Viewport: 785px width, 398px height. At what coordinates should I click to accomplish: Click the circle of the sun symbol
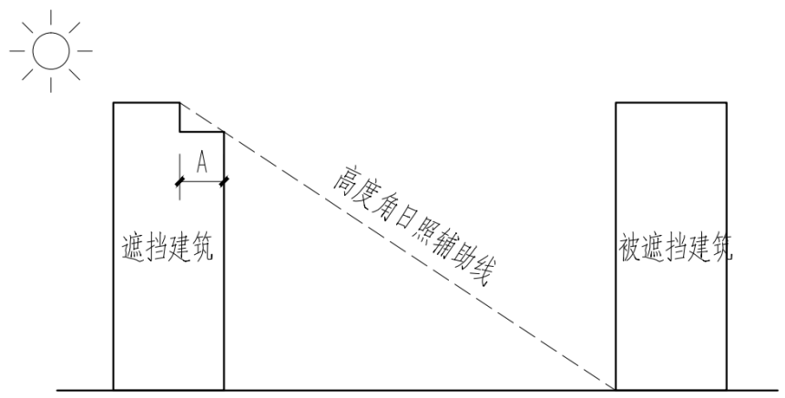pos(51,49)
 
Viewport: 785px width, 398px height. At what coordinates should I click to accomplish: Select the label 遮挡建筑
pos(168,249)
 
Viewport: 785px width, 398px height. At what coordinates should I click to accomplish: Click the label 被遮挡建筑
pos(673,249)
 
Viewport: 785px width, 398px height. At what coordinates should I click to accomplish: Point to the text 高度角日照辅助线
pos(415,223)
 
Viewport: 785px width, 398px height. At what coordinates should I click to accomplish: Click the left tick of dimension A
pos(179,181)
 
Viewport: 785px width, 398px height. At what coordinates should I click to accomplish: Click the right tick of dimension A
pos(224,181)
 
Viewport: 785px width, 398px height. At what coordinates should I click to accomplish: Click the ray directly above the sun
pos(51,16)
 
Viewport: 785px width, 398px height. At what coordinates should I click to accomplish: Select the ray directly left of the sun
pos(16,49)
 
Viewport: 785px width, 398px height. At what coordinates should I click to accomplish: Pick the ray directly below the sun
pos(51,83)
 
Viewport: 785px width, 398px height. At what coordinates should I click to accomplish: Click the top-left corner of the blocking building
pos(114,103)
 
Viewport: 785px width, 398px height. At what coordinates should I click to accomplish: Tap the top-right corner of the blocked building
pos(727,103)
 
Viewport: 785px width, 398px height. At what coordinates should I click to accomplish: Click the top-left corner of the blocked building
pos(617,103)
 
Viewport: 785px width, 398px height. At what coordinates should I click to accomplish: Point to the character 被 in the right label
pos(629,249)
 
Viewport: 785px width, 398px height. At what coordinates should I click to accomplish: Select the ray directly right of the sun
pos(85,49)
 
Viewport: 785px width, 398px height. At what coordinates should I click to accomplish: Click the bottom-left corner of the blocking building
pos(114,389)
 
